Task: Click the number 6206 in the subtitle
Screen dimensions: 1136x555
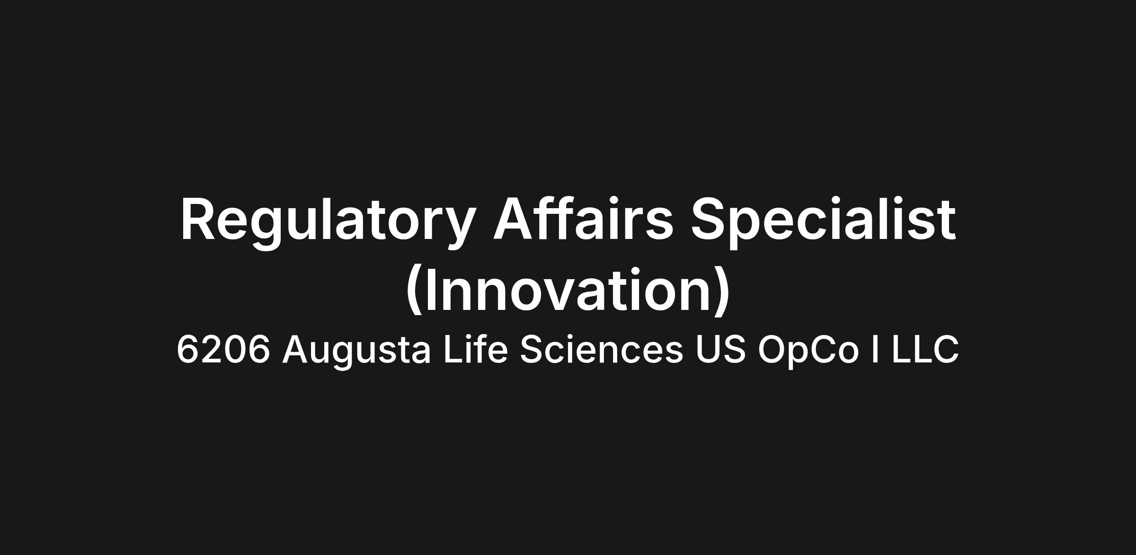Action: [223, 350]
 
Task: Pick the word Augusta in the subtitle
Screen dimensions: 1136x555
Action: [356, 352]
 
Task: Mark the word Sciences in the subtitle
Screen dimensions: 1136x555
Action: [602, 349]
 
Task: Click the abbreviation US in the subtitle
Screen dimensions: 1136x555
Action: [720, 349]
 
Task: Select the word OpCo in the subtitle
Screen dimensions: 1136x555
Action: [808, 352]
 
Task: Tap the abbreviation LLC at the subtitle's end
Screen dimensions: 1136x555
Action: [925, 349]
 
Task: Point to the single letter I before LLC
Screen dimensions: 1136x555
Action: [876, 349]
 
